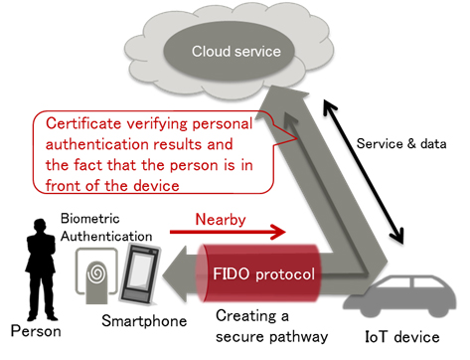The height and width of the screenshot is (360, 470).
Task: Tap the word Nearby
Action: pos(221,214)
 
